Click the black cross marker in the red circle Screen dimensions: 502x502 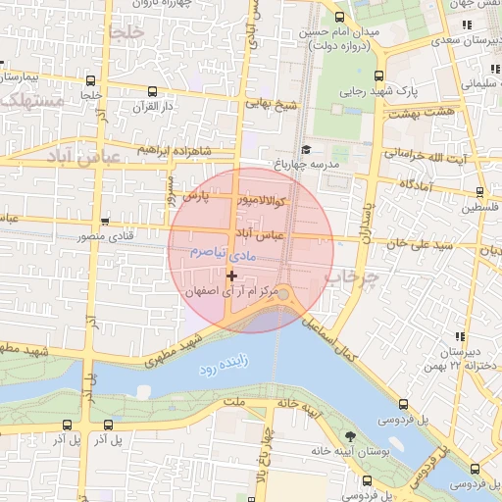[231, 276]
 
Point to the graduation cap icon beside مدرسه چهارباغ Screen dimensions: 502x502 [307, 150]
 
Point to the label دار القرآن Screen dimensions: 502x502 [151, 106]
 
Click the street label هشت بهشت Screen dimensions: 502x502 [421, 114]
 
